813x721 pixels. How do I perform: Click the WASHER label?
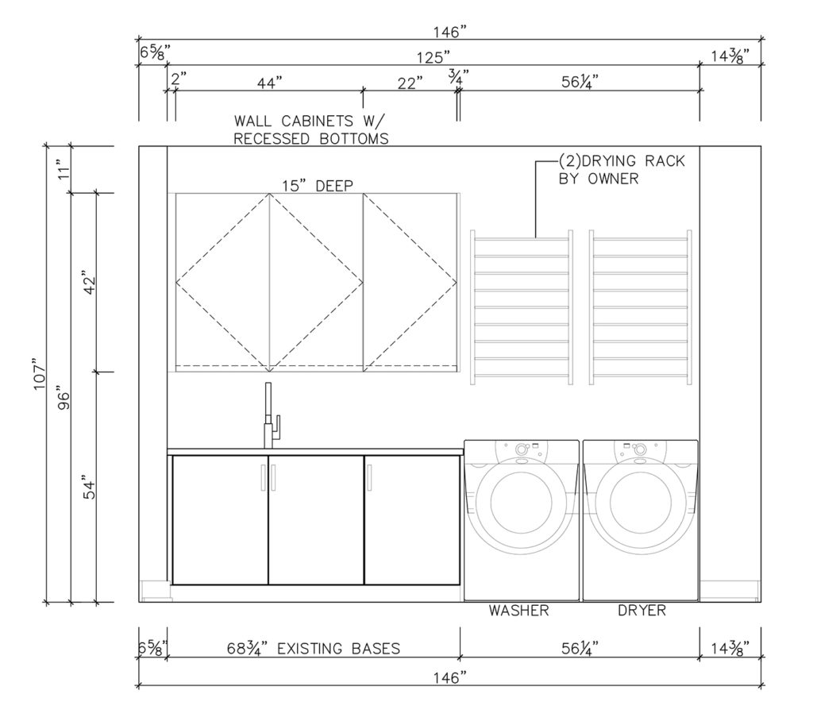point(518,611)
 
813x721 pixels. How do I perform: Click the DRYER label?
point(642,611)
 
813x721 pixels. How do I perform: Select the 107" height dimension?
point(40,373)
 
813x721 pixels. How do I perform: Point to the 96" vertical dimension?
point(64,397)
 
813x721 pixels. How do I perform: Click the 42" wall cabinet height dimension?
point(89,283)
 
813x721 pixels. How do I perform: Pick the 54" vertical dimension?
point(89,488)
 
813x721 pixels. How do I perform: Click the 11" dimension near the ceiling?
point(64,169)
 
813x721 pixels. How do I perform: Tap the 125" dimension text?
point(433,57)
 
